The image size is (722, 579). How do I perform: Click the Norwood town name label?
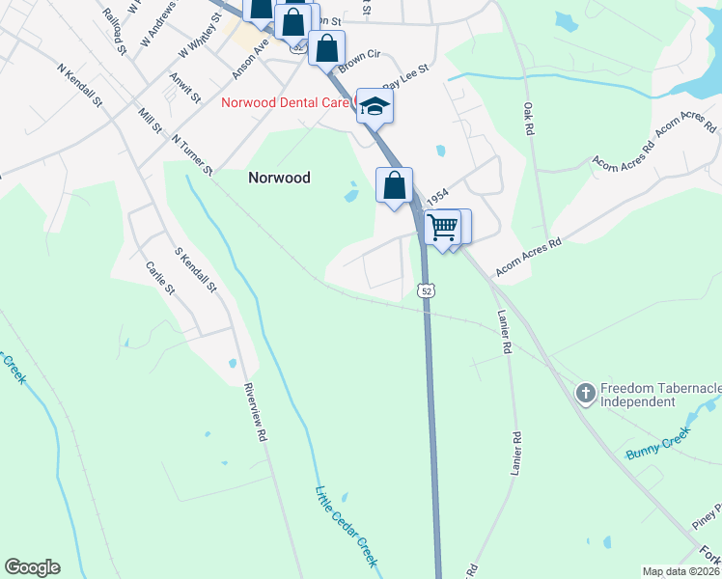tap(279, 178)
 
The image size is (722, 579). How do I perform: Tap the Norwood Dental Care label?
tap(286, 102)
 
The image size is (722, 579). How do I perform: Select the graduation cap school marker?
tap(375, 106)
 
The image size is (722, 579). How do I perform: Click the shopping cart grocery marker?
tap(442, 228)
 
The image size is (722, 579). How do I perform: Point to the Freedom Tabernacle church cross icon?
tap(585, 394)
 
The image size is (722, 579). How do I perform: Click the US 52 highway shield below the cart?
tap(427, 289)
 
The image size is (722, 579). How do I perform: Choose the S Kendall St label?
tap(197, 271)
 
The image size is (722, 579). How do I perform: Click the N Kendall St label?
tap(80, 85)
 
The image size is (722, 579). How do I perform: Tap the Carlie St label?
tap(159, 279)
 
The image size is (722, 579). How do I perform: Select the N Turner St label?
tap(191, 155)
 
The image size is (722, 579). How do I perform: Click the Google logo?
tap(32, 567)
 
